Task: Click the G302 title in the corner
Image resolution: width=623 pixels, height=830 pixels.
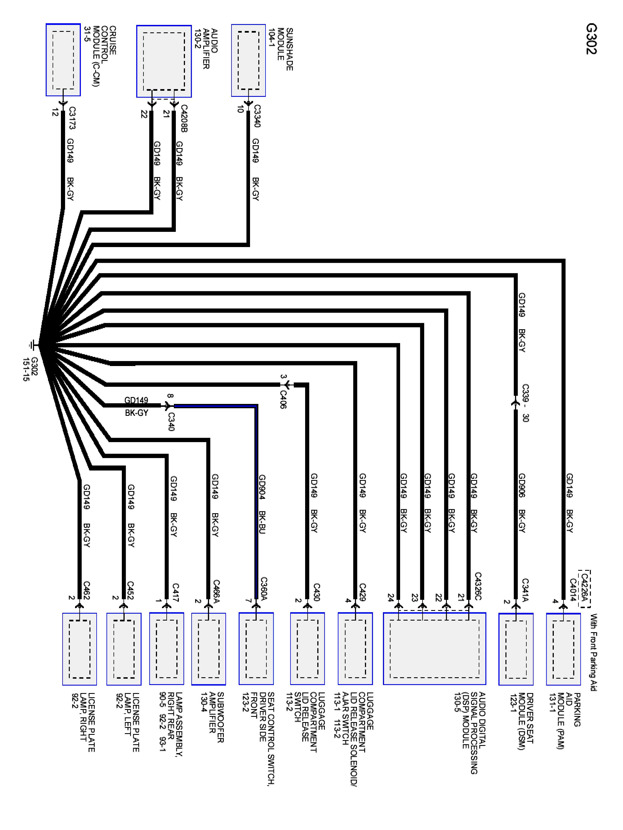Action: [591, 39]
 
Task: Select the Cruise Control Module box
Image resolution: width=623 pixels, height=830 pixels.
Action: [63, 60]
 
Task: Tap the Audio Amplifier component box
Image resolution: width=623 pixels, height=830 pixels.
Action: [164, 61]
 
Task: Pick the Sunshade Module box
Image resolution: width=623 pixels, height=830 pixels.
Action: [248, 60]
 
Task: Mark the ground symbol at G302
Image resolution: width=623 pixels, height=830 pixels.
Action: [33, 344]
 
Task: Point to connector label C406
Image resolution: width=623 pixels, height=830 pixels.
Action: [283, 399]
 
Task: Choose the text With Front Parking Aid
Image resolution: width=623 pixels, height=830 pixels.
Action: [593, 652]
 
